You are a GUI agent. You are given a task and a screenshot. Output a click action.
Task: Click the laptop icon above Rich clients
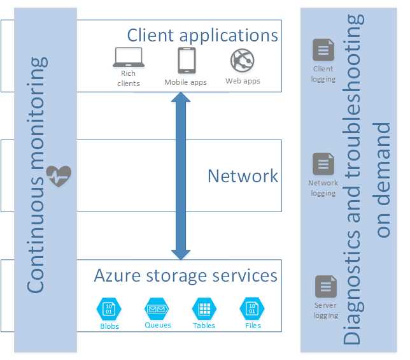tap(129, 57)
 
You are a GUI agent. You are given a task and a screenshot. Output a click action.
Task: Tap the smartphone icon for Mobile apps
tap(187, 61)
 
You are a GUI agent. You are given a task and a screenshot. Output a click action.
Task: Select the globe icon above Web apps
tap(243, 61)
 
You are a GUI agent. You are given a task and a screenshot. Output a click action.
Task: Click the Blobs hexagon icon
tap(109, 309)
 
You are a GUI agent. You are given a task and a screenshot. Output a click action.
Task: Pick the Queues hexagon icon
tap(157, 309)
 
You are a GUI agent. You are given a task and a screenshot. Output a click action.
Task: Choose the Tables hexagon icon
tap(204, 309)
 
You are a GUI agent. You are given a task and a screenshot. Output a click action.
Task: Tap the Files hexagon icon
tap(252, 309)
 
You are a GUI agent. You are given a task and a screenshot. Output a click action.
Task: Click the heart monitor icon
tap(59, 176)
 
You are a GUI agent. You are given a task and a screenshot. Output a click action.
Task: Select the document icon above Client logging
tap(323, 50)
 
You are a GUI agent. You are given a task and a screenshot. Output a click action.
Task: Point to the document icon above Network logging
tap(323, 164)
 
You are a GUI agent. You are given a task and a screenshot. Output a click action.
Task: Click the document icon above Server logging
tap(326, 286)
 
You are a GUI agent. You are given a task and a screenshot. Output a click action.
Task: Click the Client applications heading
tap(202, 36)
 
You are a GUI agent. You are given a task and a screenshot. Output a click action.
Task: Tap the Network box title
tap(243, 176)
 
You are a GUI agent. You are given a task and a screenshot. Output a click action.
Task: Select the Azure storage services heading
tap(186, 276)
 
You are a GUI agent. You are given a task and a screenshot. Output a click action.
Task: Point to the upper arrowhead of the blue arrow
tap(181, 97)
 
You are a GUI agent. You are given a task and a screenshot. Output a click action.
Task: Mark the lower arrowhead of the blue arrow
tap(181, 255)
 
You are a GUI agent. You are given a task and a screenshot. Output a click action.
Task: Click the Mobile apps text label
tap(185, 82)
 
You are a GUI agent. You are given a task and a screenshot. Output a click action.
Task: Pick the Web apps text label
tap(243, 81)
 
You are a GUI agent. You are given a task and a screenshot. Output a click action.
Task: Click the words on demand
tap(383, 180)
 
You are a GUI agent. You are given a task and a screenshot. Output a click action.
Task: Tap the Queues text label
tap(158, 325)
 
